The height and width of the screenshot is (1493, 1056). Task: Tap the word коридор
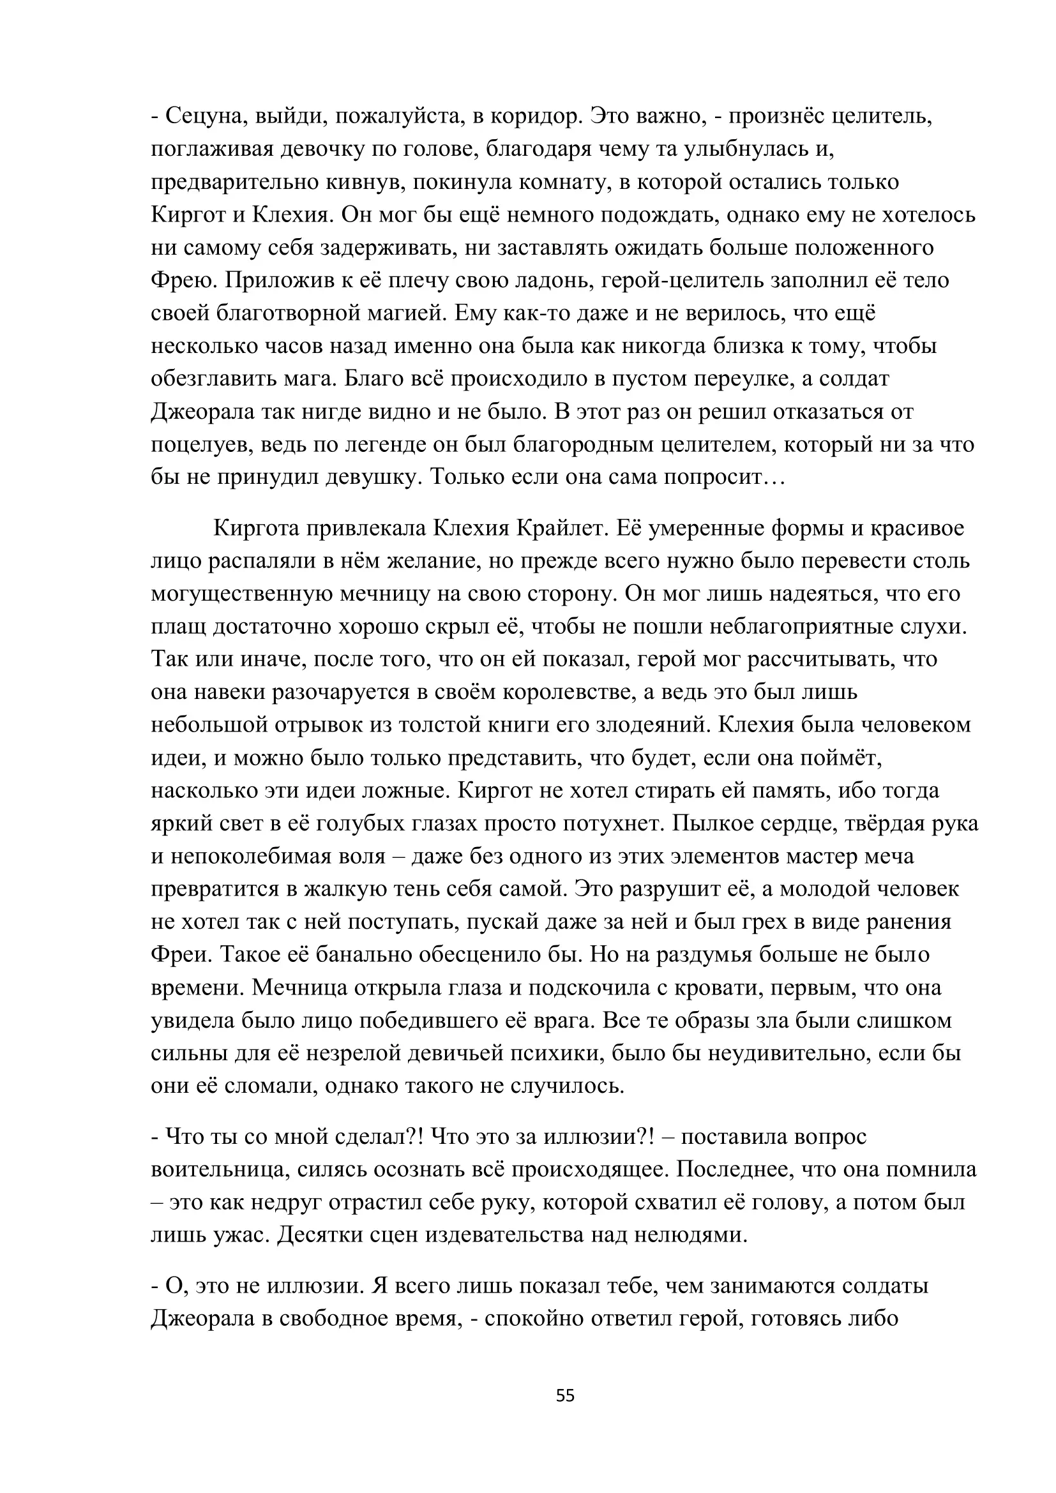tap(534, 116)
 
